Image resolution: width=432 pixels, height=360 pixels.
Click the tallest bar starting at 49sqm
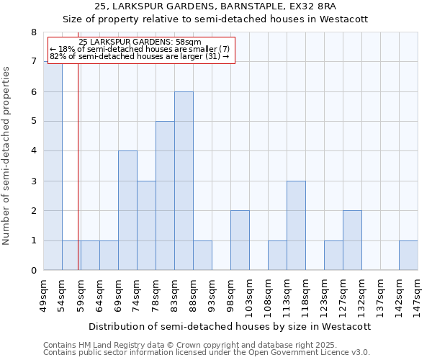[x=53, y=166]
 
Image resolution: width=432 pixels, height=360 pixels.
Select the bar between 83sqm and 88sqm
[x=184, y=181]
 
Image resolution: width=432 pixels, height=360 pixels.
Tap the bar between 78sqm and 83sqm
[x=165, y=196]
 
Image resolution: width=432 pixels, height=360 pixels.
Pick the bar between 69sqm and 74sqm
[x=127, y=210]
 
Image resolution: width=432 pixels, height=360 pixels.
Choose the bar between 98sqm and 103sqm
[x=240, y=240]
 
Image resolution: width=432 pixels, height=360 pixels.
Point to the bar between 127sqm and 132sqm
[x=352, y=240]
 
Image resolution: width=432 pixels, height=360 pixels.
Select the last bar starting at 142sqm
[x=408, y=256]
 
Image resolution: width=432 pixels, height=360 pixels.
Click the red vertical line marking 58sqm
[x=78, y=180]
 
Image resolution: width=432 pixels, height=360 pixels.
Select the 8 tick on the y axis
[x=33, y=32]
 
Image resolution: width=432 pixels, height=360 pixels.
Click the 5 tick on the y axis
[x=33, y=122]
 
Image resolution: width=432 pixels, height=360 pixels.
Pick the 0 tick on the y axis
[x=33, y=271]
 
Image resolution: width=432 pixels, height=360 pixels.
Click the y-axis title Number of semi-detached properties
[x=7, y=156]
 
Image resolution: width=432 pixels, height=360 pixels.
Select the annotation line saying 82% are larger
[x=140, y=56]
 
